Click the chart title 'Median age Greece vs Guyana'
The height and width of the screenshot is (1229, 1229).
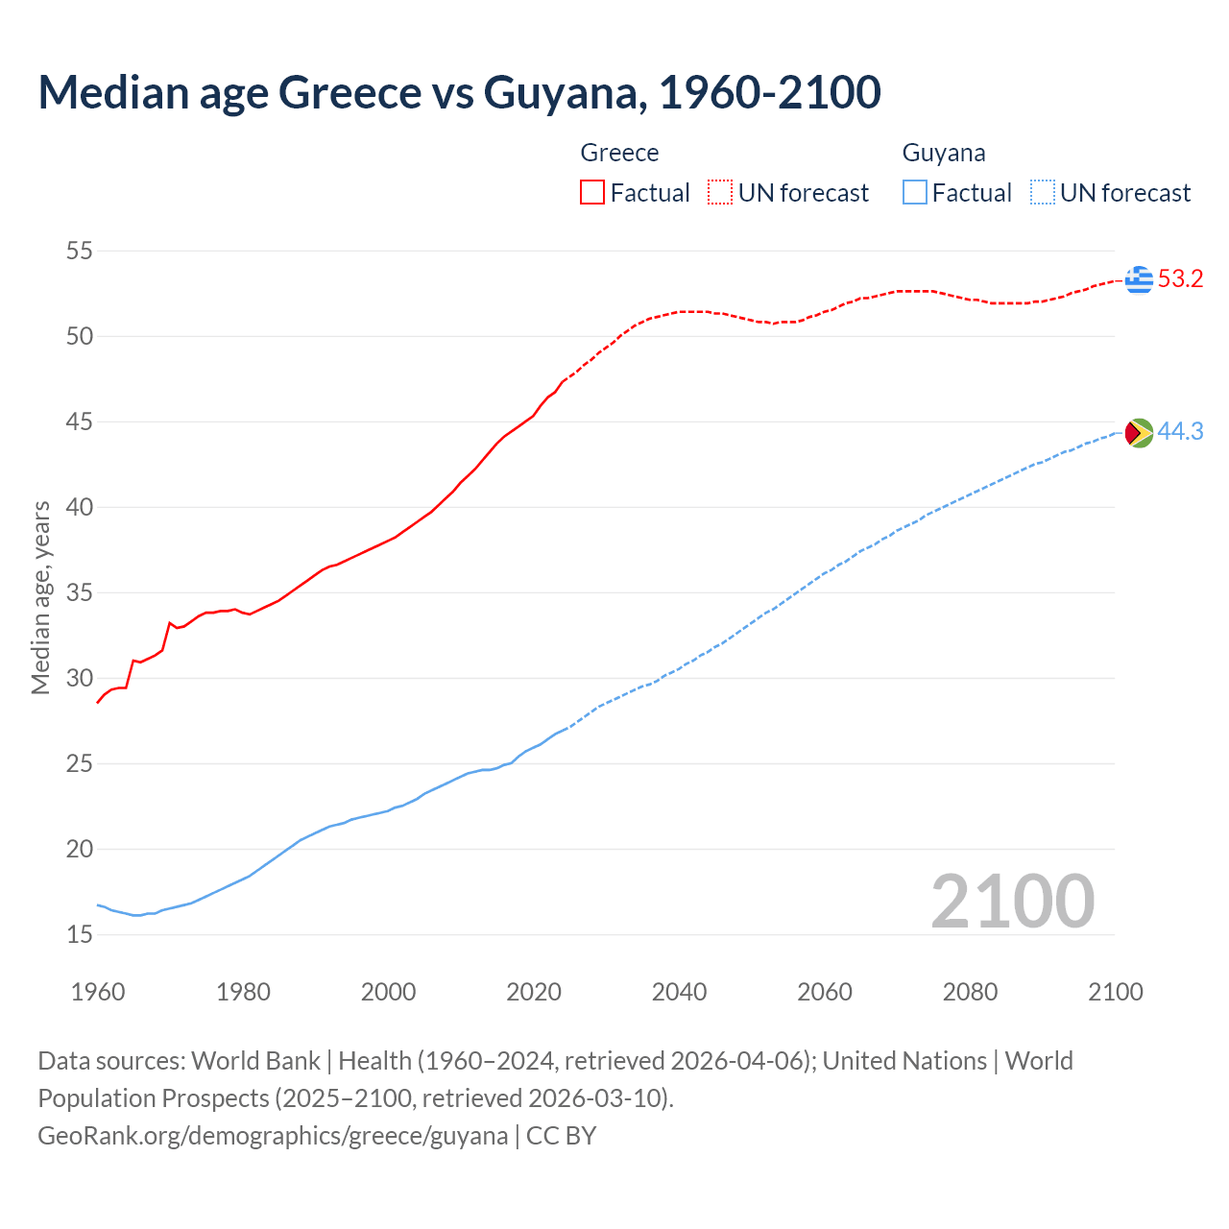pyautogui.click(x=459, y=92)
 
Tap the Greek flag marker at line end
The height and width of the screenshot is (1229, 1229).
pyautogui.click(x=1139, y=279)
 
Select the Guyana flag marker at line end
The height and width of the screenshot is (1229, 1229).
pyautogui.click(x=1139, y=433)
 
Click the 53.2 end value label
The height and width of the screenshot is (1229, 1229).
pyautogui.click(x=1180, y=279)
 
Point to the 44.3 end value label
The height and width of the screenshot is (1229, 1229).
pyautogui.click(x=1180, y=432)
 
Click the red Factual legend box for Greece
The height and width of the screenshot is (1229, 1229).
pyautogui.click(x=592, y=193)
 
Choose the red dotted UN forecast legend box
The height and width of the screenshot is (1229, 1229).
pyautogui.click(x=720, y=193)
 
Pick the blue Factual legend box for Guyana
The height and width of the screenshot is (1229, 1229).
pyautogui.click(x=915, y=193)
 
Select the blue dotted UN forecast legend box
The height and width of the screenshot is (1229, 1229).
pyautogui.click(x=1043, y=193)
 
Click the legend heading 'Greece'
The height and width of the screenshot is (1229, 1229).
pyautogui.click(x=619, y=153)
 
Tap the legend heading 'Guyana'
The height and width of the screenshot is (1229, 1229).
pyautogui.click(x=944, y=153)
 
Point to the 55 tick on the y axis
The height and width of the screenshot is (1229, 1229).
pyautogui.click(x=80, y=252)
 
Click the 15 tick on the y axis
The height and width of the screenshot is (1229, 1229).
pyautogui.click(x=80, y=934)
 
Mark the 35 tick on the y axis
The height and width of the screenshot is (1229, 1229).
pyautogui.click(x=80, y=593)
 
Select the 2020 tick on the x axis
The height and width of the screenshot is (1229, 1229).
pyautogui.click(x=534, y=992)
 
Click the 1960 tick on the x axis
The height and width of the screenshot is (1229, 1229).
pyautogui.click(x=98, y=992)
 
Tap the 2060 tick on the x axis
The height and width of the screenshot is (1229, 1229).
pyautogui.click(x=825, y=992)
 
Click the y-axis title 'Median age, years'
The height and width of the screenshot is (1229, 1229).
pyautogui.click(x=40, y=597)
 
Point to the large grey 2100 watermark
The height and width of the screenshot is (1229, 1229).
pyautogui.click(x=1013, y=902)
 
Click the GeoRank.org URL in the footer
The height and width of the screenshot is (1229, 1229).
pyautogui.click(x=273, y=1136)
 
